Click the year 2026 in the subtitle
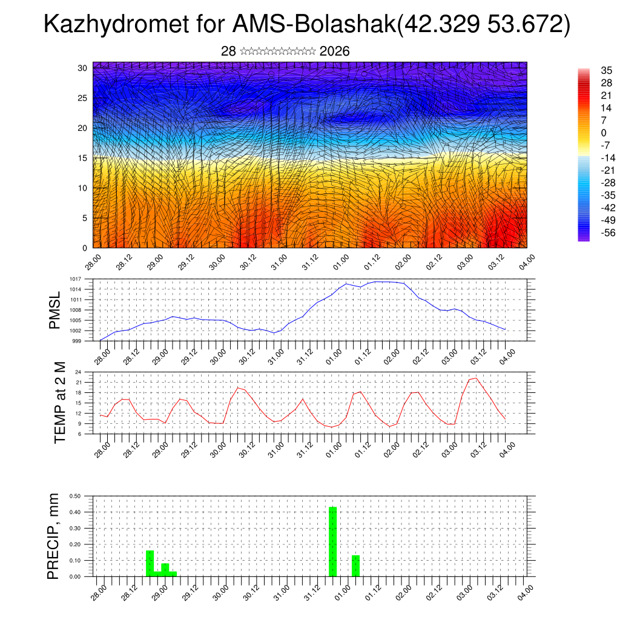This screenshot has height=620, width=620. click(334, 51)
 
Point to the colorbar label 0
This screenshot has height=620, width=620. click(603, 133)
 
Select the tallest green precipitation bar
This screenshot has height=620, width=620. click(332, 541)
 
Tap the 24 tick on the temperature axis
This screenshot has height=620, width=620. click(78, 372)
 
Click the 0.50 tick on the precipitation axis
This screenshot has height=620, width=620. click(75, 496)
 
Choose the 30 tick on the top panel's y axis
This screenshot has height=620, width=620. click(82, 68)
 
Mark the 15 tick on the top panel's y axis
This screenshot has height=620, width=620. click(82, 158)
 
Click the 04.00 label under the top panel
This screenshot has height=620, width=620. click(526, 262)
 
